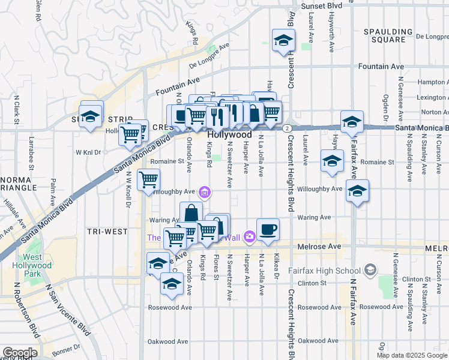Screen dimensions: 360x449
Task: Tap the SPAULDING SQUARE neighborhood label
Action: (x=388, y=35)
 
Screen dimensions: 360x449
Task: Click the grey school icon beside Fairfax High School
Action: (x=372, y=270)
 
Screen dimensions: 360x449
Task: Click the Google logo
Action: (x=19, y=353)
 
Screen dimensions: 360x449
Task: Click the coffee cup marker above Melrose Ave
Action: (x=268, y=229)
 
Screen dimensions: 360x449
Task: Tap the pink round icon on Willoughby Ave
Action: (x=205, y=192)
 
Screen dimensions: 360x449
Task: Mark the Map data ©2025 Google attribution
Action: (x=412, y=355)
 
